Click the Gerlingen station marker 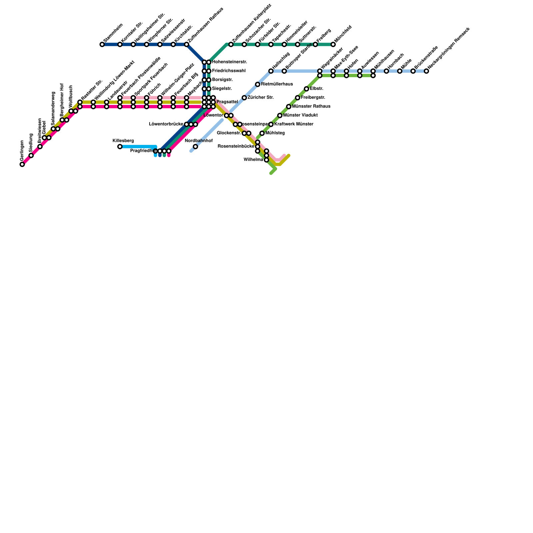22,164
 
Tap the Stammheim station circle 102,44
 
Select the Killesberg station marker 120,147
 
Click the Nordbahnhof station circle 196,147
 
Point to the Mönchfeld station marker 333,44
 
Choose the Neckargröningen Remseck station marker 426,71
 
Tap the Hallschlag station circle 271,71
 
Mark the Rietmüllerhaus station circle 258,84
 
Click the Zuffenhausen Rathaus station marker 187,44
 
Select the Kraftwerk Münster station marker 271,124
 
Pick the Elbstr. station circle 306,89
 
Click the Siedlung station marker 31,156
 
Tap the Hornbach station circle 386,71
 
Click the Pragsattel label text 227,102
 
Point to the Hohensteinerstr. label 229,62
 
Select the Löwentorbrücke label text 166,124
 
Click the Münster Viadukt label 300,115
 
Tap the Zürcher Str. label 261,98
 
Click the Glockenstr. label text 229,133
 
